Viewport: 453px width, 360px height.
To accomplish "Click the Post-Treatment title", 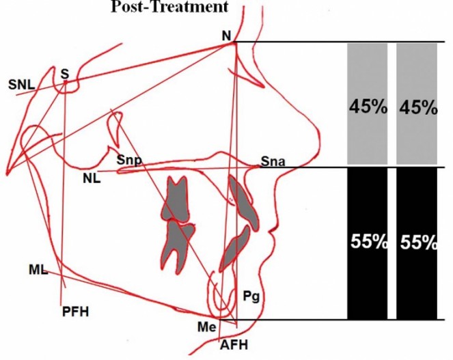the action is click(x=169, y=6).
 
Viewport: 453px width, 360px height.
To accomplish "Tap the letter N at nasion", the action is click(x=227, y=36).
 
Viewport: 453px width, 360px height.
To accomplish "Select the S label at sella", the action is click(x=65, y=74).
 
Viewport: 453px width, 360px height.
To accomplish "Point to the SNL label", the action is click(x=21, y=85).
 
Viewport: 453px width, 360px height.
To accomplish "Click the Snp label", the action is click(x=129, y=160).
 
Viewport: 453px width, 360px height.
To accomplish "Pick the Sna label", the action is click(x=273, y=161).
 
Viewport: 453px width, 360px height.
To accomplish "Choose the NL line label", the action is click(x=92, y=179).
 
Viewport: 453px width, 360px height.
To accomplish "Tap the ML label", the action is click(x=38, y=270).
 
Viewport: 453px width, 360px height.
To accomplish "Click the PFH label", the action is click(x=75, y=311).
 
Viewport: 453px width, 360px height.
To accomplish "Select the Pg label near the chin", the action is click(x=251, y=296).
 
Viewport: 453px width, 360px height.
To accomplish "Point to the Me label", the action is click(x=207, y=327).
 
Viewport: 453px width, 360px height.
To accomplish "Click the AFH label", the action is click(x=234, y=345).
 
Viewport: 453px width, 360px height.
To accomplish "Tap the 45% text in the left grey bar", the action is click(x=368, y=107).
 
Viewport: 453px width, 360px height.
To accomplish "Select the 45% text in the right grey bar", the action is click(x=418, y=109).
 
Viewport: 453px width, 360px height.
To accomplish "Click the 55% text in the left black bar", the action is click(x=369, y=241).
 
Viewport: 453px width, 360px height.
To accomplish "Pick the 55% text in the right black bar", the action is click(x=418, y=242).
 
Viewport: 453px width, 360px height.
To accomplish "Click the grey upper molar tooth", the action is click(x=176, y=199).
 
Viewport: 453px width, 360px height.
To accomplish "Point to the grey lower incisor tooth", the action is click(x=234, y=249).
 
